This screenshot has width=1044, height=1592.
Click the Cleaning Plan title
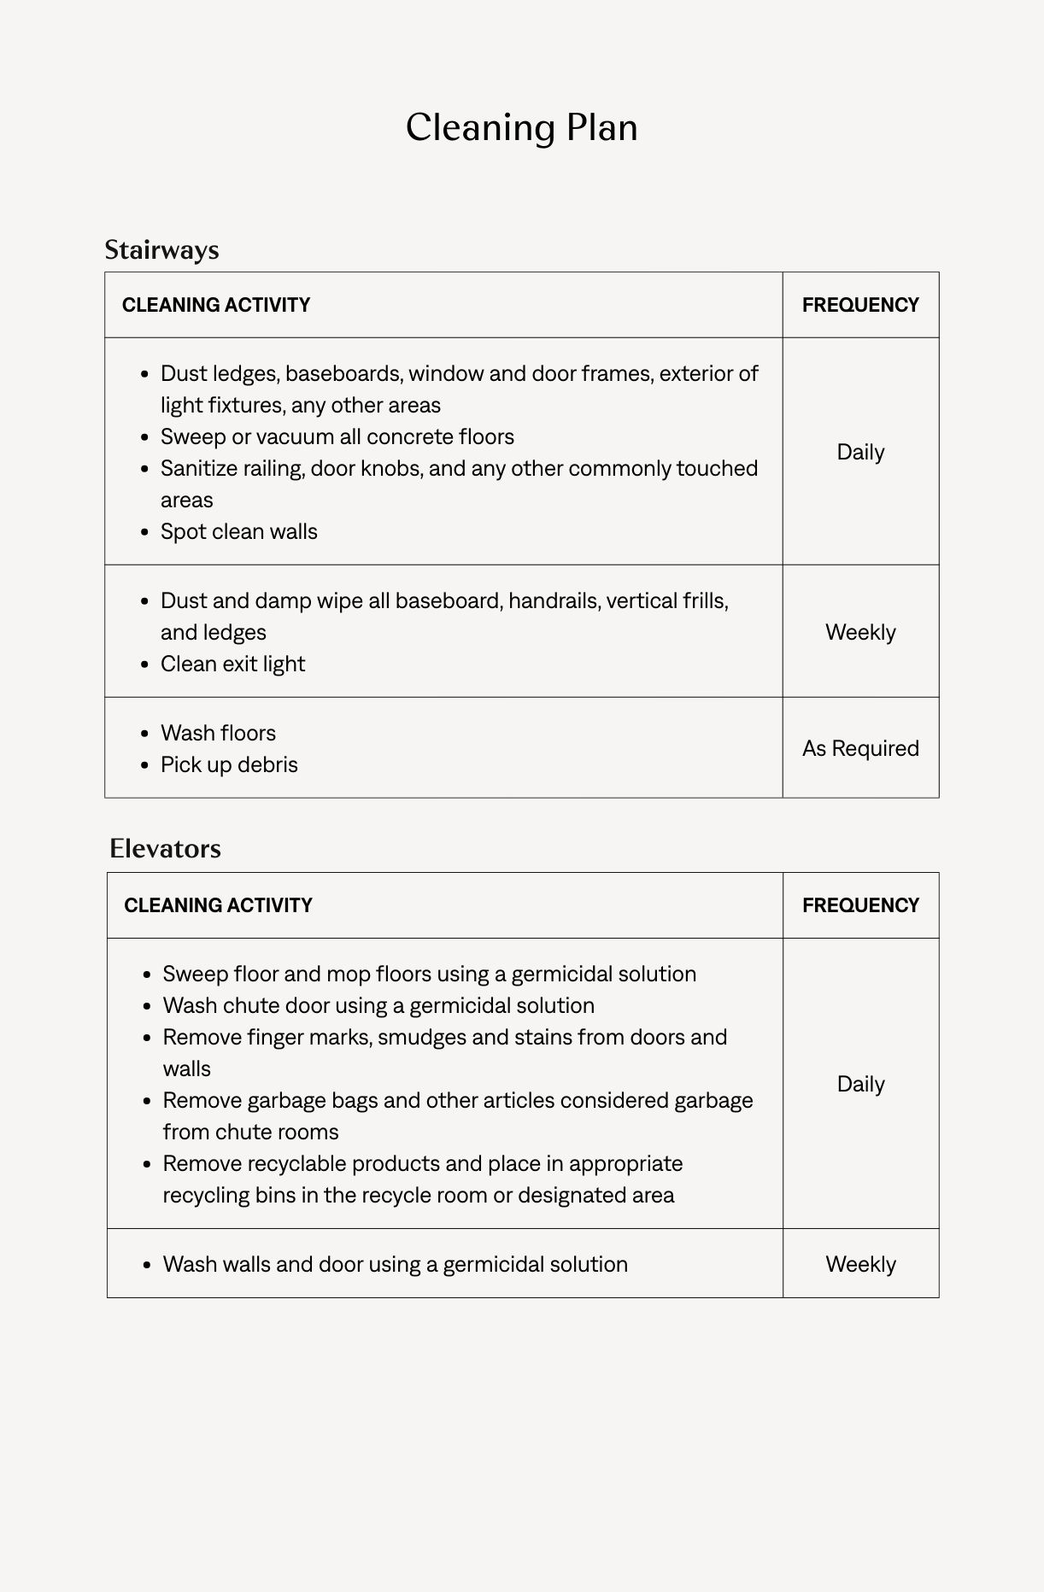tap(521, 128)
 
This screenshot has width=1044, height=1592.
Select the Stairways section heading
tap(161, 250)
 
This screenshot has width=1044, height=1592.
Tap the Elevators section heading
tap(165, 849)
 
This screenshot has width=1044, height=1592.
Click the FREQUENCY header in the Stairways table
tap(860, 305)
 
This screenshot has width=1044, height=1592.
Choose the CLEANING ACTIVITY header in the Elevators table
tap(218, 905)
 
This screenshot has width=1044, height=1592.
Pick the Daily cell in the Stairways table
tap(860, 452)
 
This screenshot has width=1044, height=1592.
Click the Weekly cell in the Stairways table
tap(860, 632)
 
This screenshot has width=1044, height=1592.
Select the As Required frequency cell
tap(860, 748)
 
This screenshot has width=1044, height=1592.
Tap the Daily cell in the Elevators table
tap(860, 1084)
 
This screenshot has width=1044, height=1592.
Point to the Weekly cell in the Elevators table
tap(860, 1264)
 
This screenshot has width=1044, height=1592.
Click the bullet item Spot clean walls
tap(239, 531)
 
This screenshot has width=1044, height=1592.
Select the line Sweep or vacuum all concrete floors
tap(337, 436)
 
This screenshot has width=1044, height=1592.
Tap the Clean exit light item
tap(232, 664)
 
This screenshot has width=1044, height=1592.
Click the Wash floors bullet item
tap(218, 733)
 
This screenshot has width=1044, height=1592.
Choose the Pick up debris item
tap(229, 764)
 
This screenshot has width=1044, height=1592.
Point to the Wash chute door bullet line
tap(378, 1005)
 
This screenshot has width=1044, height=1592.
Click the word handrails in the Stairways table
tap(554, 600)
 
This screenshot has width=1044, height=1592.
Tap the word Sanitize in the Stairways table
tap(199, 468)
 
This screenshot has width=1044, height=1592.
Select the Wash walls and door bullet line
tap(395, 1264)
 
